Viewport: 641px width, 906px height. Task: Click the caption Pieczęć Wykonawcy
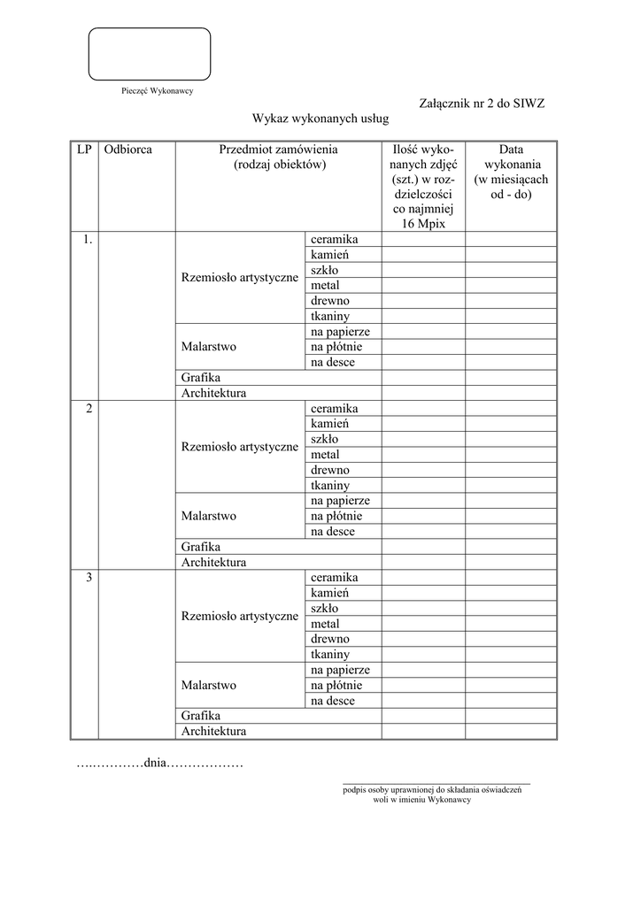click(x=157, y=90)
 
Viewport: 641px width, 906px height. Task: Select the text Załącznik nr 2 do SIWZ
click(x=482, y=104)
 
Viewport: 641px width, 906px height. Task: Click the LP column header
click(x=84, y=150)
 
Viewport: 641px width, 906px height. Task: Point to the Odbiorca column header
click(x=127, y=150)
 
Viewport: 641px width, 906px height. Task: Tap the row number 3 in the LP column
click(x=89, y=578)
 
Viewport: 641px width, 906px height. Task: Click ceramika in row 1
click(x=334, y=240)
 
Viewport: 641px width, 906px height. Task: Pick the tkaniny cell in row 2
click(x=330, y=486)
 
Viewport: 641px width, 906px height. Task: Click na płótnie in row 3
click(x=336, y=686)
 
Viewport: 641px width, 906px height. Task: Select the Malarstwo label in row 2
click(x=209, y=516)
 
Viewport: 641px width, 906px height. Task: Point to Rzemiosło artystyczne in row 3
click(x=240, y=616)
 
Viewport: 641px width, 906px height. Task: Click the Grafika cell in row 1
click(x=201, y=378)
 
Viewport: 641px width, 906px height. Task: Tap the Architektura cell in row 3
click(x=214, y=732)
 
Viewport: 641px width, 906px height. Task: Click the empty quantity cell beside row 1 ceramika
click(x=423, y=240)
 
